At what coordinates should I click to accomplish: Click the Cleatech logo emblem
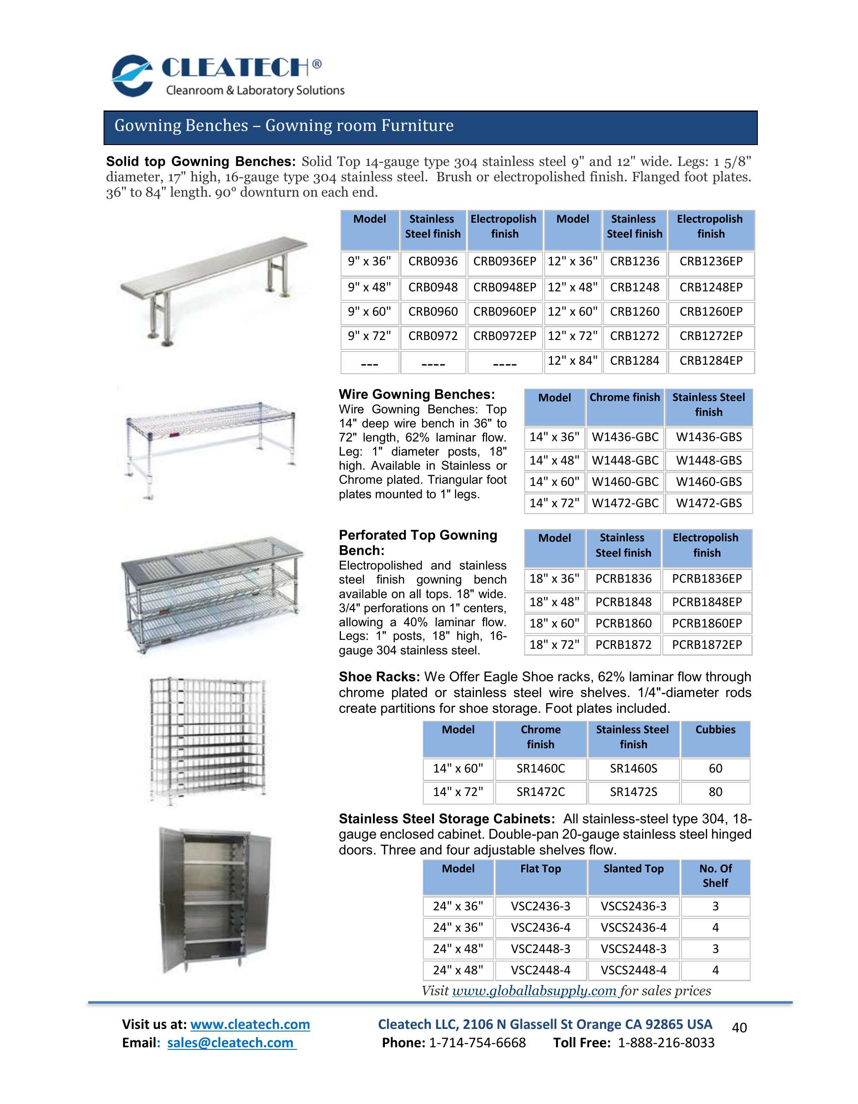pyautogui.click(x=132, y=76)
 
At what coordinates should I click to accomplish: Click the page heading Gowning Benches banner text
pyautogui.click(x=284, y=125)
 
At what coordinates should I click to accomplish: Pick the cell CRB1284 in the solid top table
pyautogui.click(x=634, y=361)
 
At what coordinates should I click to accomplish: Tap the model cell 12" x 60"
pyautogui.click(x=572, y=312)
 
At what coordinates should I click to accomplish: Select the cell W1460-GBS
pyautogui.click(x=708, y=482)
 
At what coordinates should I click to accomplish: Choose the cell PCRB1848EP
pyautogui.click(x=707, y=602)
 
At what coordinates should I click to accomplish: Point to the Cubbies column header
pyautogui.click(x=715, y=730)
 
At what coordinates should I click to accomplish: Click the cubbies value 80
pyautogui.click(x=715, y=792)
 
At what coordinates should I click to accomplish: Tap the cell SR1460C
pyautogui.click(x=540, y=769)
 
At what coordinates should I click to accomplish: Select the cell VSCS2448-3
pyautogui.click(x=633, y=949)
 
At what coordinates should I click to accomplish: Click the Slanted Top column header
pyautogui.click(x=633, y=869)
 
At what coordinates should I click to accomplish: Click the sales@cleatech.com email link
pyautogui.click(x=231, y=1043)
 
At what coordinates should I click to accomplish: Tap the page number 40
pyautogui.click(x=739, y=1028)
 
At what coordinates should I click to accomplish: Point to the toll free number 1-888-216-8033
pyautogui.click(x=666, y=1043)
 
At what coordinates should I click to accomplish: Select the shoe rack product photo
pyautogui.click(x=207, y=741)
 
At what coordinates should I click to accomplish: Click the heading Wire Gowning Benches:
pyautogui.click(x=416, y=395)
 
